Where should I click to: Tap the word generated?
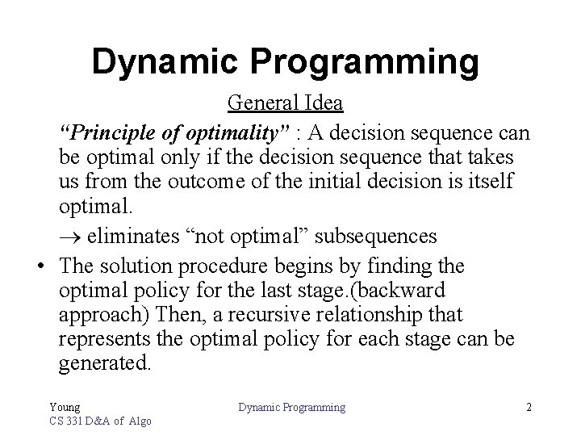(104, 363)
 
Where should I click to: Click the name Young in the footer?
(65, 408)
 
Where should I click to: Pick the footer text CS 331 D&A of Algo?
(100, 421)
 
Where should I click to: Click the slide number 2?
(529, 408)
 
